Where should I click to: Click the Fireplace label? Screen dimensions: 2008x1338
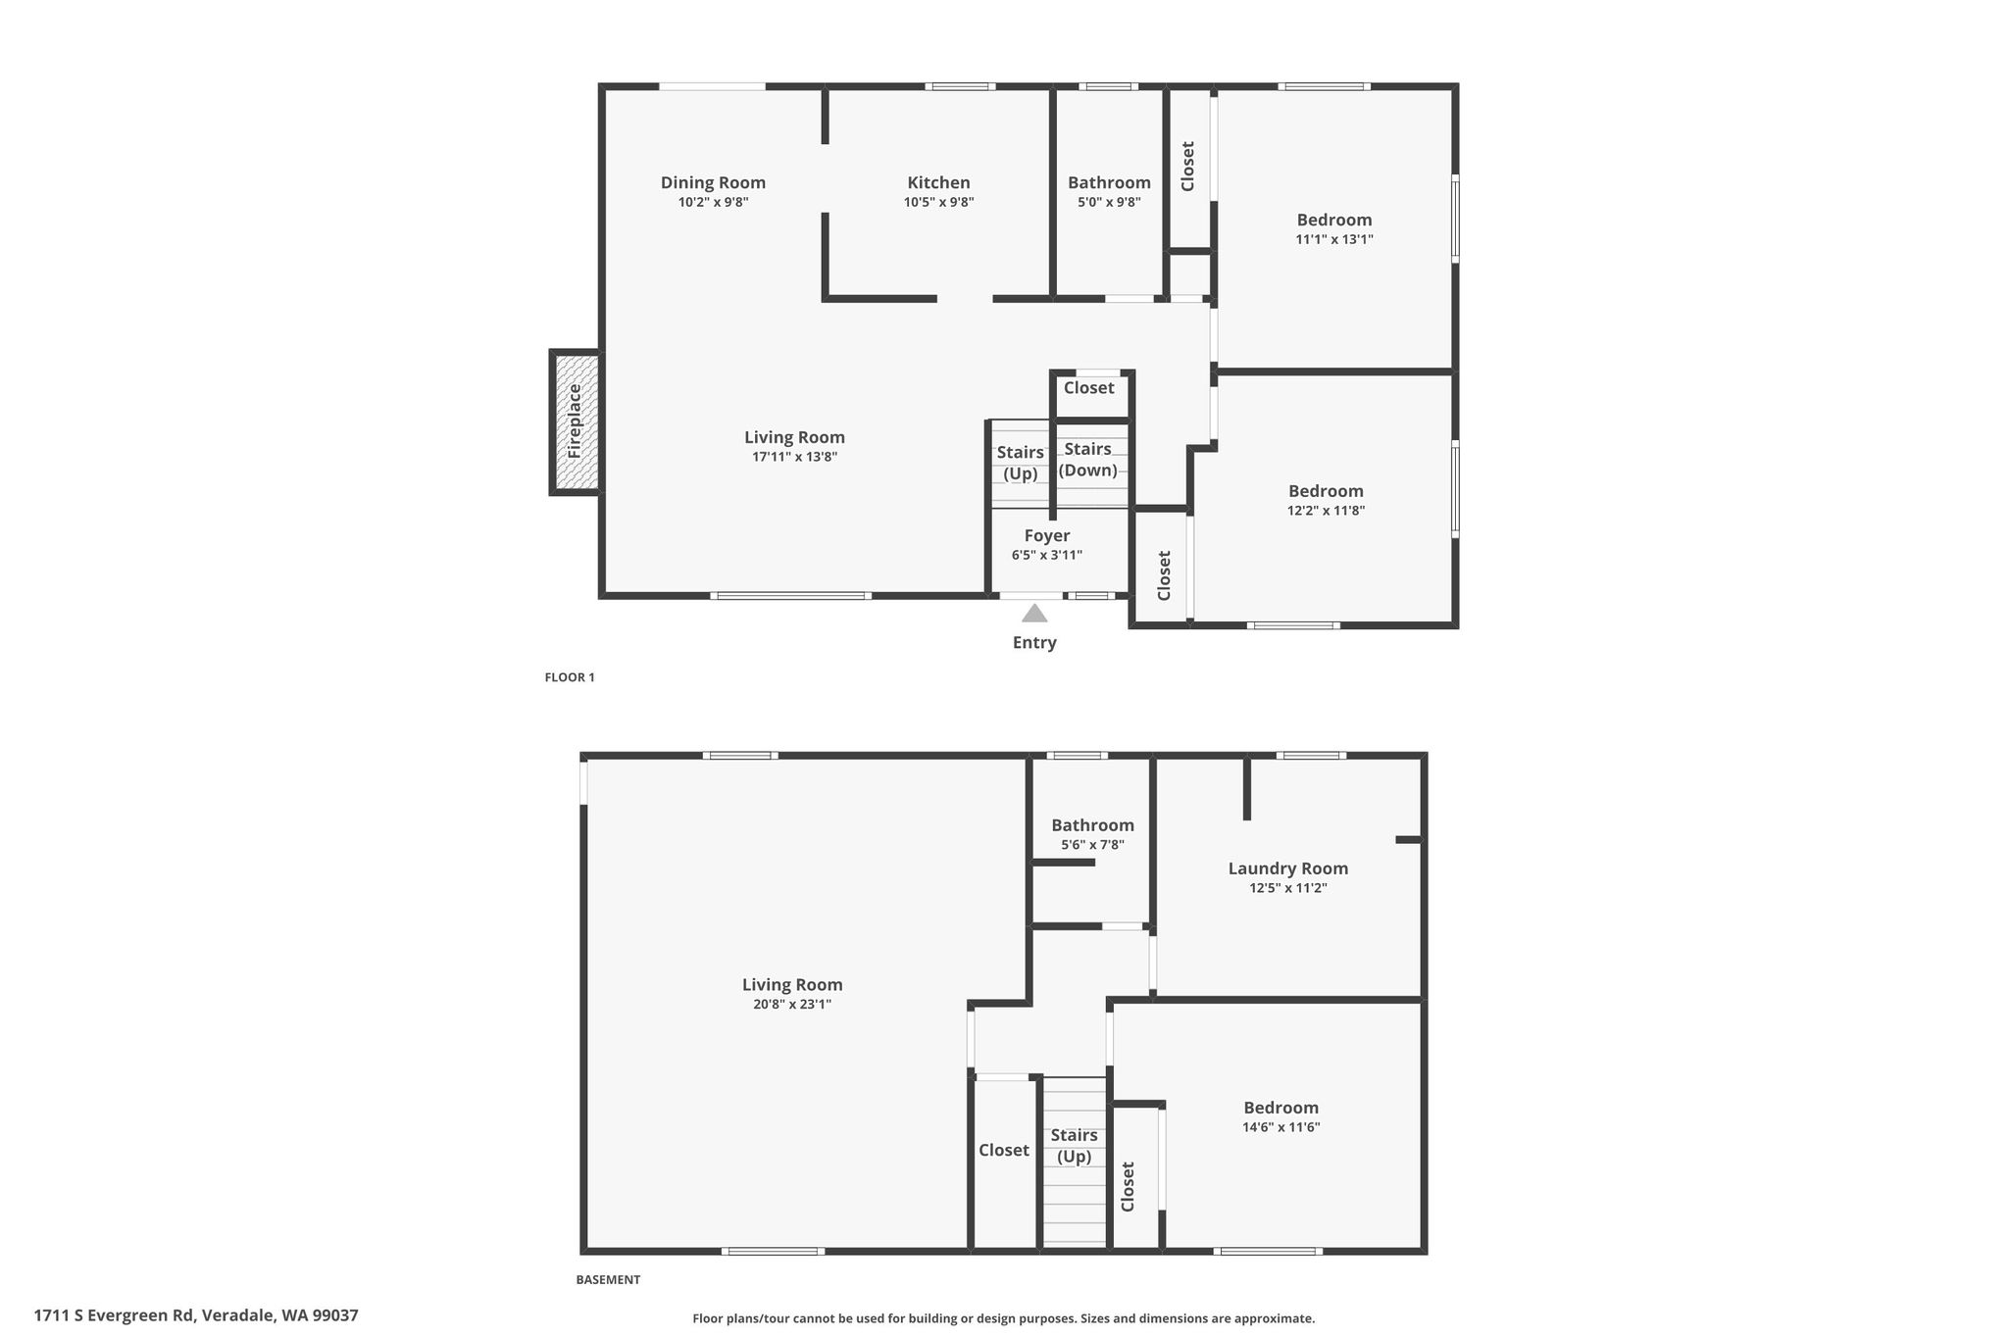pos(575,421)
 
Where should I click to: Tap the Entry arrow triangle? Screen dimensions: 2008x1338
pos(1034,614)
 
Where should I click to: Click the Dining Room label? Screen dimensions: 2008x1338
pos(713,182)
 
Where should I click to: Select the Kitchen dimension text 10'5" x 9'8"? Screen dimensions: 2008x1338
pos(939,203)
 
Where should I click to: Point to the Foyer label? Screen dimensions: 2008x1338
pos(1047,535)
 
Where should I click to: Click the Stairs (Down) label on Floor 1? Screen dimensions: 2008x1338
pos(1088,460)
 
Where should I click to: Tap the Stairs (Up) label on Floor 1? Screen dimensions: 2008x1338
pos(1020,463)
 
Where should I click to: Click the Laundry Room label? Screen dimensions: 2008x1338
pos(1288,868)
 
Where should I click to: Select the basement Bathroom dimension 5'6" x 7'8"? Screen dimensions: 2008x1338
pos(1092,845)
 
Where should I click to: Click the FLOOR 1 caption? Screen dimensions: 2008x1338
pos(570,677)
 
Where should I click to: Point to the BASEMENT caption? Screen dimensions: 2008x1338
pos(608,1279)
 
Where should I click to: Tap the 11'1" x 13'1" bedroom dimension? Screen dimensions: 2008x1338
pos(1334,239)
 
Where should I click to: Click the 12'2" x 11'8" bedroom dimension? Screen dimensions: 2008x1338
pos(1326,511)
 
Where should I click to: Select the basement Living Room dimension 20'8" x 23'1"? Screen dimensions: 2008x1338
pos(792,1005)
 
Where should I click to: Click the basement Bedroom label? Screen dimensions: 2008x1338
pos(1281,1108)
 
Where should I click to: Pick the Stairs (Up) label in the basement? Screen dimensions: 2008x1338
pos(1075,1146)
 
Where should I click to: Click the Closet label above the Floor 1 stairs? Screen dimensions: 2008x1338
pos(1089,387)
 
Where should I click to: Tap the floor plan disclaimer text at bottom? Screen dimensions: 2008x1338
pos(1004,1318)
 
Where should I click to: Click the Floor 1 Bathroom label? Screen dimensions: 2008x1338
pos(1109,182)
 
